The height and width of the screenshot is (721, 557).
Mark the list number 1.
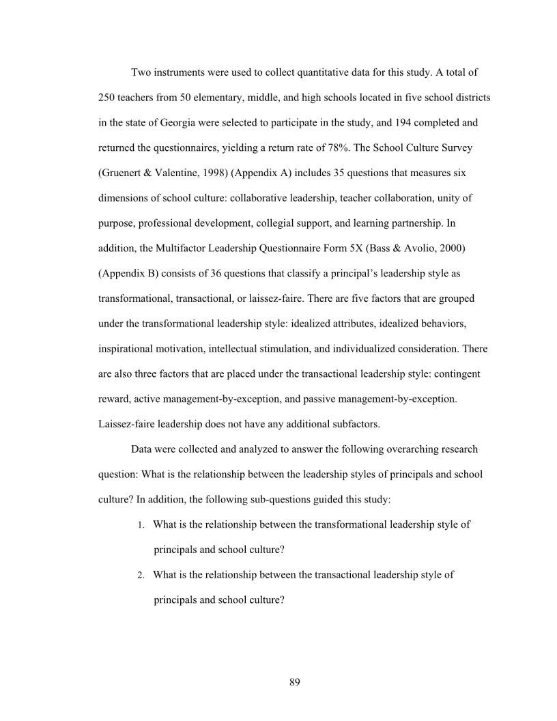tap(140, 525)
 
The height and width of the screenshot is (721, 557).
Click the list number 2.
tap(140, 576)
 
